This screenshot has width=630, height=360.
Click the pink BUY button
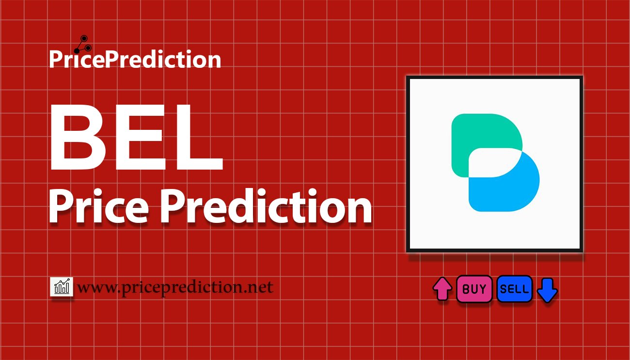(474, 289)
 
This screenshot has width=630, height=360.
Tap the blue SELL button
(515, 289)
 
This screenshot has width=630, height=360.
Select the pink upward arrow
(442, 289)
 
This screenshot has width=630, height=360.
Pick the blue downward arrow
(547, 290)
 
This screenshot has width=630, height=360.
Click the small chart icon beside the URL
(62, 286)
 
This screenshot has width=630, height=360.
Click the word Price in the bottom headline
(98, 206)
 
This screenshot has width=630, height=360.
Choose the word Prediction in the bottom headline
(266, 206)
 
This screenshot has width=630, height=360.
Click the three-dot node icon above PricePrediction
(83, 44)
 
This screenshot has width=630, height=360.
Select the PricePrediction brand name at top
(135, 59)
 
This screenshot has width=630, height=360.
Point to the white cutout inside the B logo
(495, 163)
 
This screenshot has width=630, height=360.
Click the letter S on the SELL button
(504, 289)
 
